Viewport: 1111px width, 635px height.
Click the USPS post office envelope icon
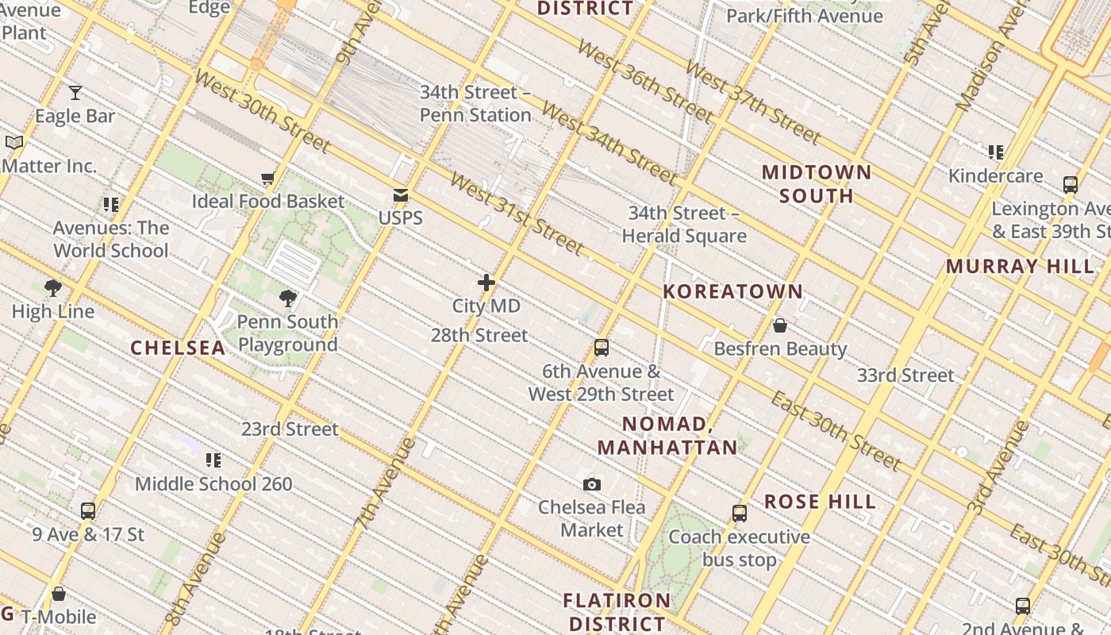pos(401,195)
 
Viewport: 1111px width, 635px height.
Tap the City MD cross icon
pos(486,283)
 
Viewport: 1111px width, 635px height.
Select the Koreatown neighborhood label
pos(733,291)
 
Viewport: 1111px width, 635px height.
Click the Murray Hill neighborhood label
pos(1020,266)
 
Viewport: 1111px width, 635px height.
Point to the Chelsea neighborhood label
pos(178,348)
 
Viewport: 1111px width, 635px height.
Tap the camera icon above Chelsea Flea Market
pos(591,484)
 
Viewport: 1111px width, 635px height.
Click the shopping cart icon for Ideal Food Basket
pos(267,179)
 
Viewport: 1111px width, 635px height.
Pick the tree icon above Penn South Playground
pos(288,298)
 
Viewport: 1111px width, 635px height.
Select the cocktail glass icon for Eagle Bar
pos(75,93)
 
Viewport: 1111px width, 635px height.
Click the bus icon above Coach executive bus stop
pos(740,514)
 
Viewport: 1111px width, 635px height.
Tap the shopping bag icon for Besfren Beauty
pos(780,325)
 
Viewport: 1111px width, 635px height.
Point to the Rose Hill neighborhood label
pos(820,502)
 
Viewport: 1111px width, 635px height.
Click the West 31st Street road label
pos(516,213)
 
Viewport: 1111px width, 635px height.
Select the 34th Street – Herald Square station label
pos(683,225)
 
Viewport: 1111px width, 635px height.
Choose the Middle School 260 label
pos(213,483)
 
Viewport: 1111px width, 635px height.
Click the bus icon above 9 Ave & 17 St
pos(88,511)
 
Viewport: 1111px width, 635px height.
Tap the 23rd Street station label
pos(290,429)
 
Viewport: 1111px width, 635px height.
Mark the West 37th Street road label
pos(752,102)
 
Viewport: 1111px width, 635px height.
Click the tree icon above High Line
pos(53,288)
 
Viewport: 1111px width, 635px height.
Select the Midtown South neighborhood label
pos(817,184)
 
